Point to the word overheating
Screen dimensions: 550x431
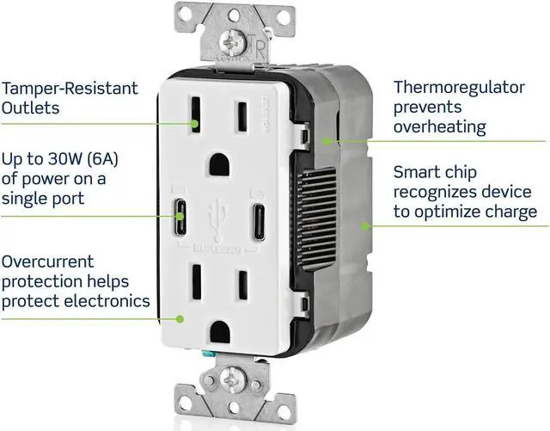coord(439,126)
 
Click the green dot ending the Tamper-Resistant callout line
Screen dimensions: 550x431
coord(197,124)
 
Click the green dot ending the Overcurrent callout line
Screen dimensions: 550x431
coord(180,317)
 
